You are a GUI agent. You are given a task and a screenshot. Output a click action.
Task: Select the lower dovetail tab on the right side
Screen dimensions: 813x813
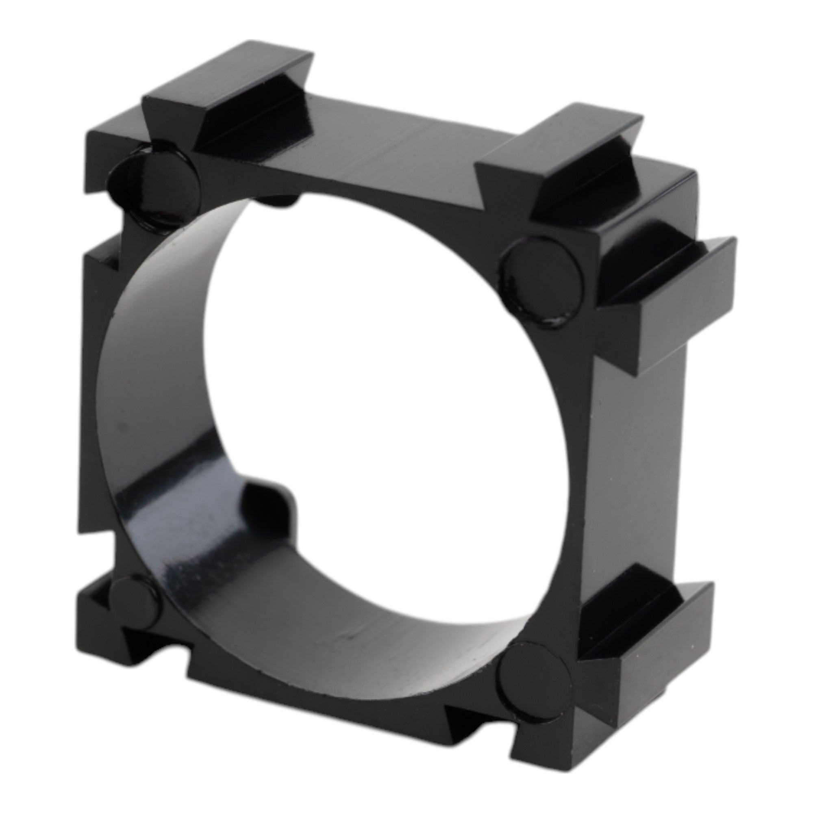[648, 623]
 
